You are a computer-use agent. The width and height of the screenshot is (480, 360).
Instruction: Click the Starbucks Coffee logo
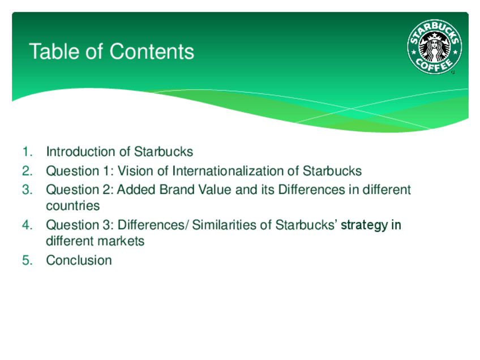[x=434, y=47]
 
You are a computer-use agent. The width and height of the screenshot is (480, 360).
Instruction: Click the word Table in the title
[x=54, y=51]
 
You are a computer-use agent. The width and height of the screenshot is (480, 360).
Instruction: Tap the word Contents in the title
[x=152, y=51]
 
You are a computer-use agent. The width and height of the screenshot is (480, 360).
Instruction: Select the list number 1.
[x=27, y=152]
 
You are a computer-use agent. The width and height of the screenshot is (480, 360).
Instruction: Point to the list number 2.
[x=27, y=171]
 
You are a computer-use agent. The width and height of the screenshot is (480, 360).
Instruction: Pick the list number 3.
[x=27, y=190]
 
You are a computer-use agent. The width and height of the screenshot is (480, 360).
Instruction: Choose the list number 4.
[x=27, y=225]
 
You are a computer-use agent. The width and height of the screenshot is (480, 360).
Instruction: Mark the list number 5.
[x=27, y=260]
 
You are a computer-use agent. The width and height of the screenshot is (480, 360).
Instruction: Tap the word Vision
[x=135, y=171]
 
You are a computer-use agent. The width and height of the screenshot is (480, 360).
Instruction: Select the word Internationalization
[x=228, y=171]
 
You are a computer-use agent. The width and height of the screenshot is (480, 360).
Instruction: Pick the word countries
[x=73, y=205]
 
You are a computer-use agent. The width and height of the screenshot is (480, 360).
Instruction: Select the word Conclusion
[x=79, y=260]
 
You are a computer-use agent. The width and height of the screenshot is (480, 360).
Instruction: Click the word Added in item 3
[x=136, y=190]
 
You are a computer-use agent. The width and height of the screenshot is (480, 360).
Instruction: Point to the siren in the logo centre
[x=434, y=48]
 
